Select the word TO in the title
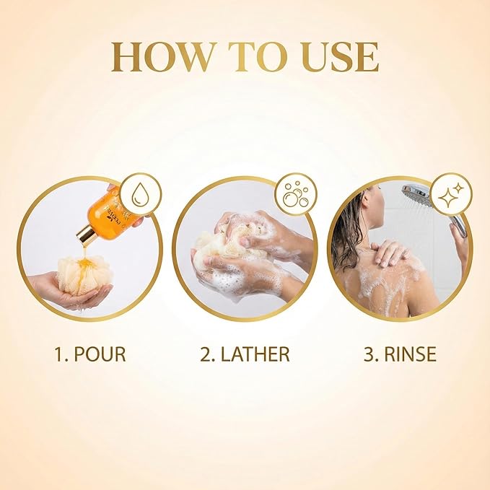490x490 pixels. [253, 57]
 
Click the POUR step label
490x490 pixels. [90, 354]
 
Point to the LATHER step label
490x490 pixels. [245, 354]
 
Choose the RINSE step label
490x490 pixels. [401, 354]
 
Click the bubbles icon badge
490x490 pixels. [296, 194]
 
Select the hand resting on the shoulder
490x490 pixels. [391, 253]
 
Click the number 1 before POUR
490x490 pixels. [59, 354]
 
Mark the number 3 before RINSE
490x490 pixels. [369, 354]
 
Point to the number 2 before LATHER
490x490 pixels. [206, 354]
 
